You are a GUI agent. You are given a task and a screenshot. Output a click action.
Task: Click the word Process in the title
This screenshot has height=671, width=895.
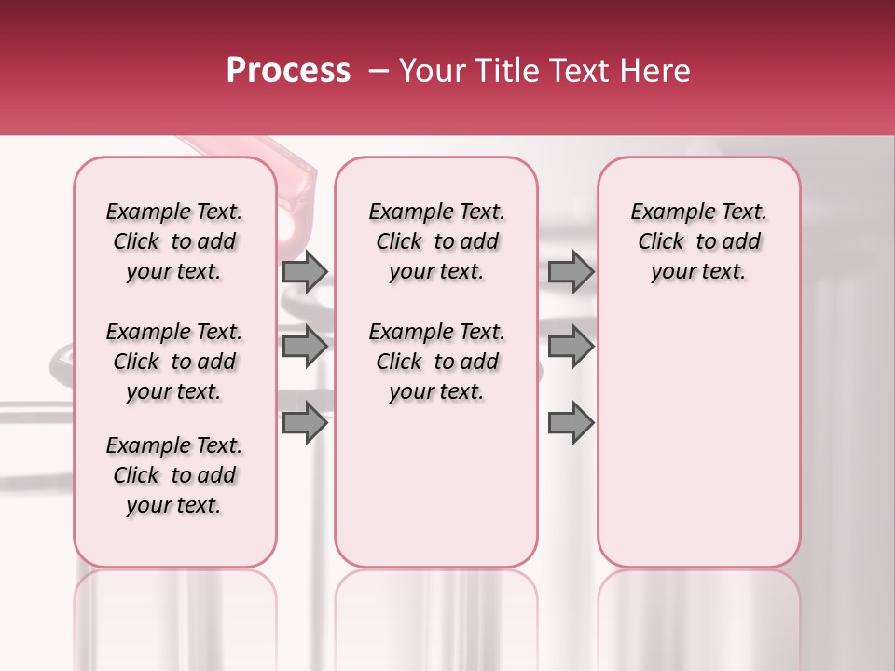click(x=288, y=71)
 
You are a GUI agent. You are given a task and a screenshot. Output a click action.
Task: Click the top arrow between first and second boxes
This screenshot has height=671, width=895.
click(x=305, y=271)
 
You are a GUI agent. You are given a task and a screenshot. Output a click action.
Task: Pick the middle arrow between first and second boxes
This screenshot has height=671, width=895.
click(x=305, y=347)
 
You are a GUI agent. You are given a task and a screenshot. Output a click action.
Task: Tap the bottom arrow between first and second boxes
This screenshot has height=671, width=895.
click(x=305, y=423)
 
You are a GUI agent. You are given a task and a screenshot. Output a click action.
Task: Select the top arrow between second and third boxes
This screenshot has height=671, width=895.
click(x=571, y=271)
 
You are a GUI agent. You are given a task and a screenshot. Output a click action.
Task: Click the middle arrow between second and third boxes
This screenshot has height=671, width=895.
click(x=571, y=347)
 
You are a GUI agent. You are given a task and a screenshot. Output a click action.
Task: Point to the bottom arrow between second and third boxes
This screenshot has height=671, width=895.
click(x=571, y=423)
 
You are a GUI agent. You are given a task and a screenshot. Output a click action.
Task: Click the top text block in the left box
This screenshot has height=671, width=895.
click(x=174, y=241)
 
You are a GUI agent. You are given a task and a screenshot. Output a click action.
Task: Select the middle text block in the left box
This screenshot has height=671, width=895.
click(x=174, y=362)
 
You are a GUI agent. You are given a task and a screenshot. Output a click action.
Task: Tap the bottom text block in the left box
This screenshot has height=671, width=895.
click(x=174, y=475)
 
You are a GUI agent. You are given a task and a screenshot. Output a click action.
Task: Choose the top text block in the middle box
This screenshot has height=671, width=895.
click(x=436, y=241)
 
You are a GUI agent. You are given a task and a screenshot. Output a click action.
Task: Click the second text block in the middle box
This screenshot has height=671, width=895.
click(x=436, y=362)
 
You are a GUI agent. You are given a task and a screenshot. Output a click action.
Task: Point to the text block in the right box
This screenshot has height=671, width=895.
click(x=698, y=241)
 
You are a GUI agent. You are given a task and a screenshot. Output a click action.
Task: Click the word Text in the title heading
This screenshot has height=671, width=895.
click(x=577, y=71)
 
